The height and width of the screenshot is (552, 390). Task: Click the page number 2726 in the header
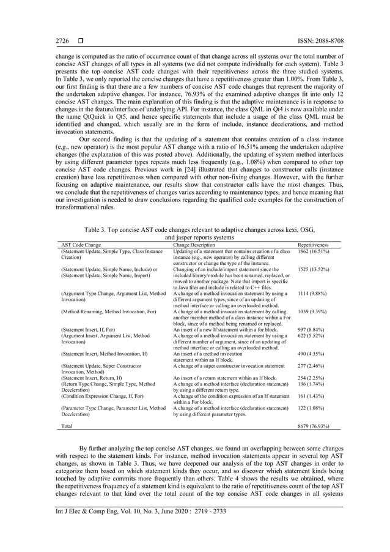(62, 40)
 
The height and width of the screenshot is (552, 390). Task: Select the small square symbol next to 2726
(79, 40)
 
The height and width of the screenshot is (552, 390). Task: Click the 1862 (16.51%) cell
(314, 251)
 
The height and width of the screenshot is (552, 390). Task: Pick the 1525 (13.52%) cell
(314, 269)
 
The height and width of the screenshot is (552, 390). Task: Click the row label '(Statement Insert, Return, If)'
(92, 378)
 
